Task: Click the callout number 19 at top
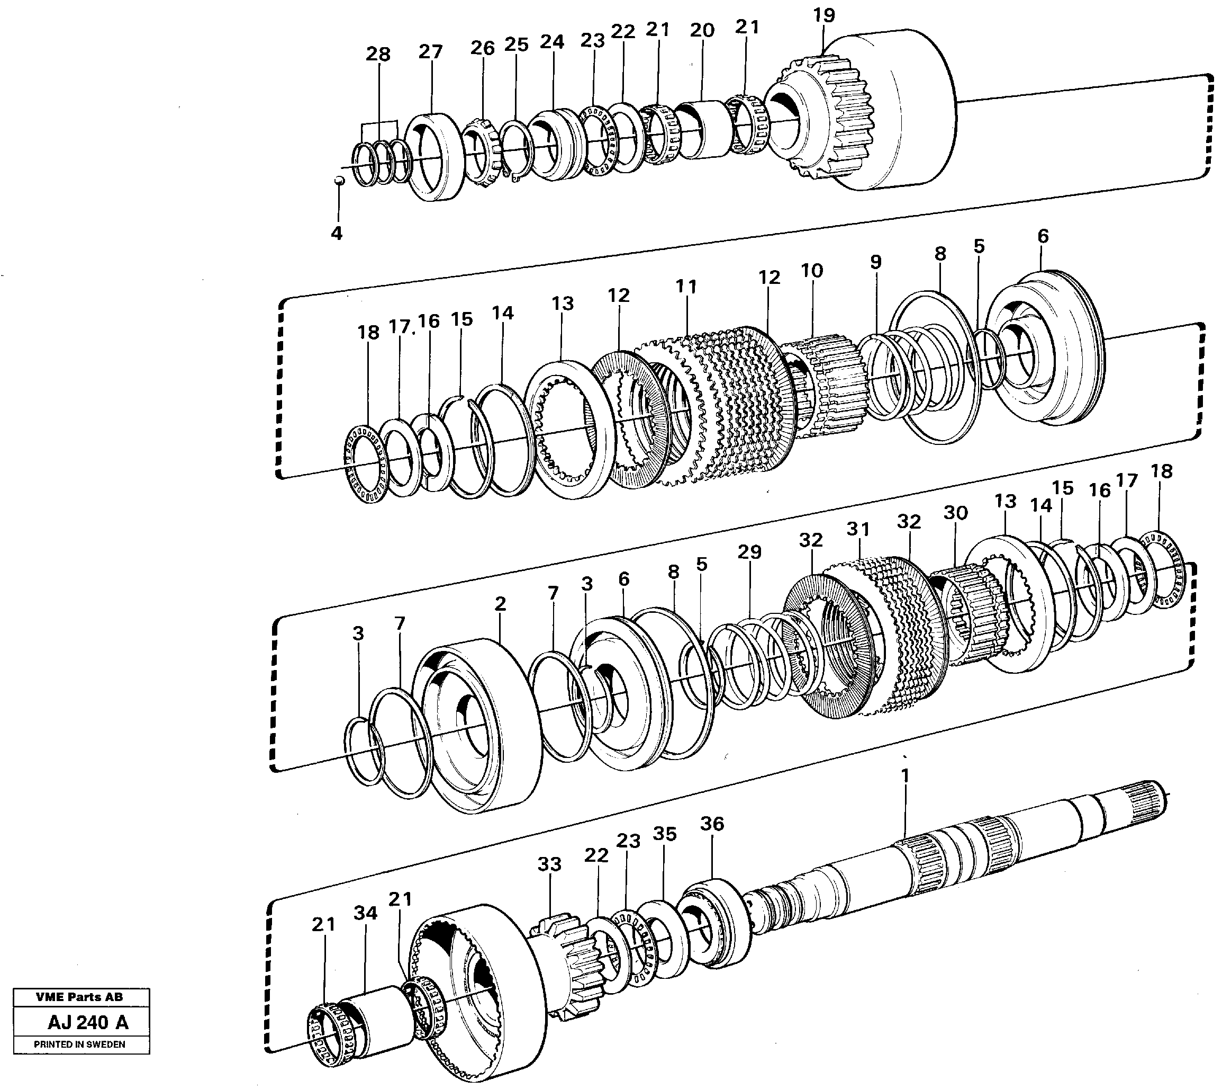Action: click(x=823, y=15)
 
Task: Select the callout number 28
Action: click(x=378, y=55)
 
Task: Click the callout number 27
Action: click(x=430, y=52)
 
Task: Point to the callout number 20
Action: click(x=702, y=31)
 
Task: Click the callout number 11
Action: click(x=686, y=287)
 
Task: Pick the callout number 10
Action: click(x=812, y=271)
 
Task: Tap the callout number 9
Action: click(x=875, y=262)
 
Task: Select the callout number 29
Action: click(x=749, y=552)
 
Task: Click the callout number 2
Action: click(x=501, y=604)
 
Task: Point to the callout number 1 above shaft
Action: click(x=904, y=776)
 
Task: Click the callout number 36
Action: click(x=712, y=824)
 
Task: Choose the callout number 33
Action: click(x=549, y=864)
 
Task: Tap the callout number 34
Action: click(x=365, y=913)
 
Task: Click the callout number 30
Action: click(x=955, y=513)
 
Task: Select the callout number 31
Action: click(x=858, y=529)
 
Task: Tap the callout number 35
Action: click(x=664, y=834)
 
